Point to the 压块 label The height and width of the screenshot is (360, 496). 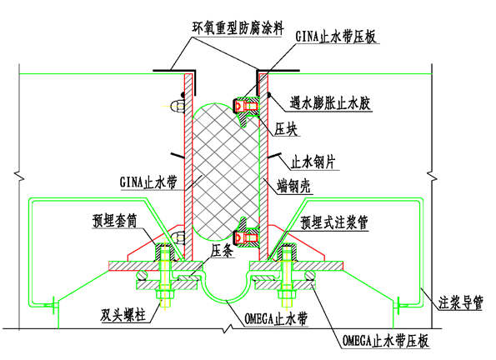[288, 131]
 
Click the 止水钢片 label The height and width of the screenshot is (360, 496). [316, 160]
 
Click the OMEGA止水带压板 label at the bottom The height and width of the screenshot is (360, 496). [395, 341]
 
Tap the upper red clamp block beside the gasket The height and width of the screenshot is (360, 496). [246, 105]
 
